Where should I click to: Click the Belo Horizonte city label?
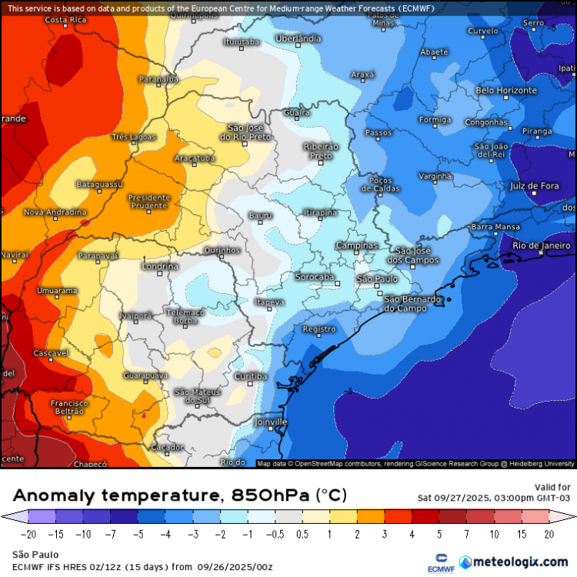[505, 90]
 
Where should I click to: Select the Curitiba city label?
[251, 376]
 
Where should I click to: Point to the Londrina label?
[161, 266]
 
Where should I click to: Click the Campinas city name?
[357, 245]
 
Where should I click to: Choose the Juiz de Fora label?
[534, 185]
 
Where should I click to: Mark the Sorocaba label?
[315, 276]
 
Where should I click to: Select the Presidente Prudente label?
[148, 202]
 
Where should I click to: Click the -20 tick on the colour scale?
[29, 534]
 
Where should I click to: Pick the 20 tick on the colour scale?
[549, 534]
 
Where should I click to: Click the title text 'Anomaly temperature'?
[115, 495]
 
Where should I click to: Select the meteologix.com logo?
[513, 562]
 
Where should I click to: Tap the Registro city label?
[319, 329]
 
